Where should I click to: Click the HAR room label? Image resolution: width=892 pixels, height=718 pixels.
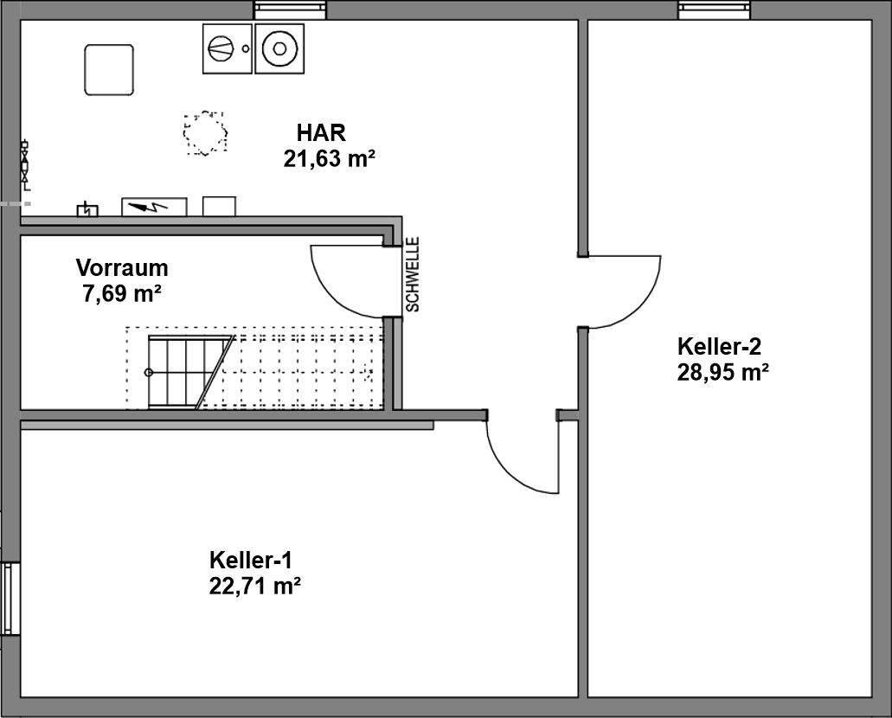(x=321, y=133)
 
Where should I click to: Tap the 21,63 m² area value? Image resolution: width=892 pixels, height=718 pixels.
(x=328, y=158)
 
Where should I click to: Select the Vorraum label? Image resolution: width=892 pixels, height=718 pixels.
(x=122, y=267)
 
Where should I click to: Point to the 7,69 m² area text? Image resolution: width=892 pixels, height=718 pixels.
(x=122, y=293)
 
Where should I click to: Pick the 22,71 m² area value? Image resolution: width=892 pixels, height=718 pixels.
(x=254, y=586)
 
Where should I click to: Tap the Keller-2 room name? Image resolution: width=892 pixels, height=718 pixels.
(x=719, y=347)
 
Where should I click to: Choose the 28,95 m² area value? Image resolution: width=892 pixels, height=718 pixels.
(x=723, y=372)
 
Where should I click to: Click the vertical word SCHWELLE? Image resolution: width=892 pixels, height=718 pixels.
(x=413, y=274)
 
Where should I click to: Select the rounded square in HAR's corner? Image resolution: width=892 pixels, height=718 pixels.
(x=109, y=69)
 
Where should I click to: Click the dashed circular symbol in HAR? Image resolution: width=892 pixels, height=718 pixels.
(x=205, y=133)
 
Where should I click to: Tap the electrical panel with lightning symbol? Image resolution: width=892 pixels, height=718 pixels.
(x=154, y=207)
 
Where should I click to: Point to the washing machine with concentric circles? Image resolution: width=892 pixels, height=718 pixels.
(x=279, y=48)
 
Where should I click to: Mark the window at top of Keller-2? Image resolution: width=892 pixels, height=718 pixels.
(x=714, y=10)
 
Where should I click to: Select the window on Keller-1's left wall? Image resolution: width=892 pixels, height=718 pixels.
(x=10, y=599)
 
